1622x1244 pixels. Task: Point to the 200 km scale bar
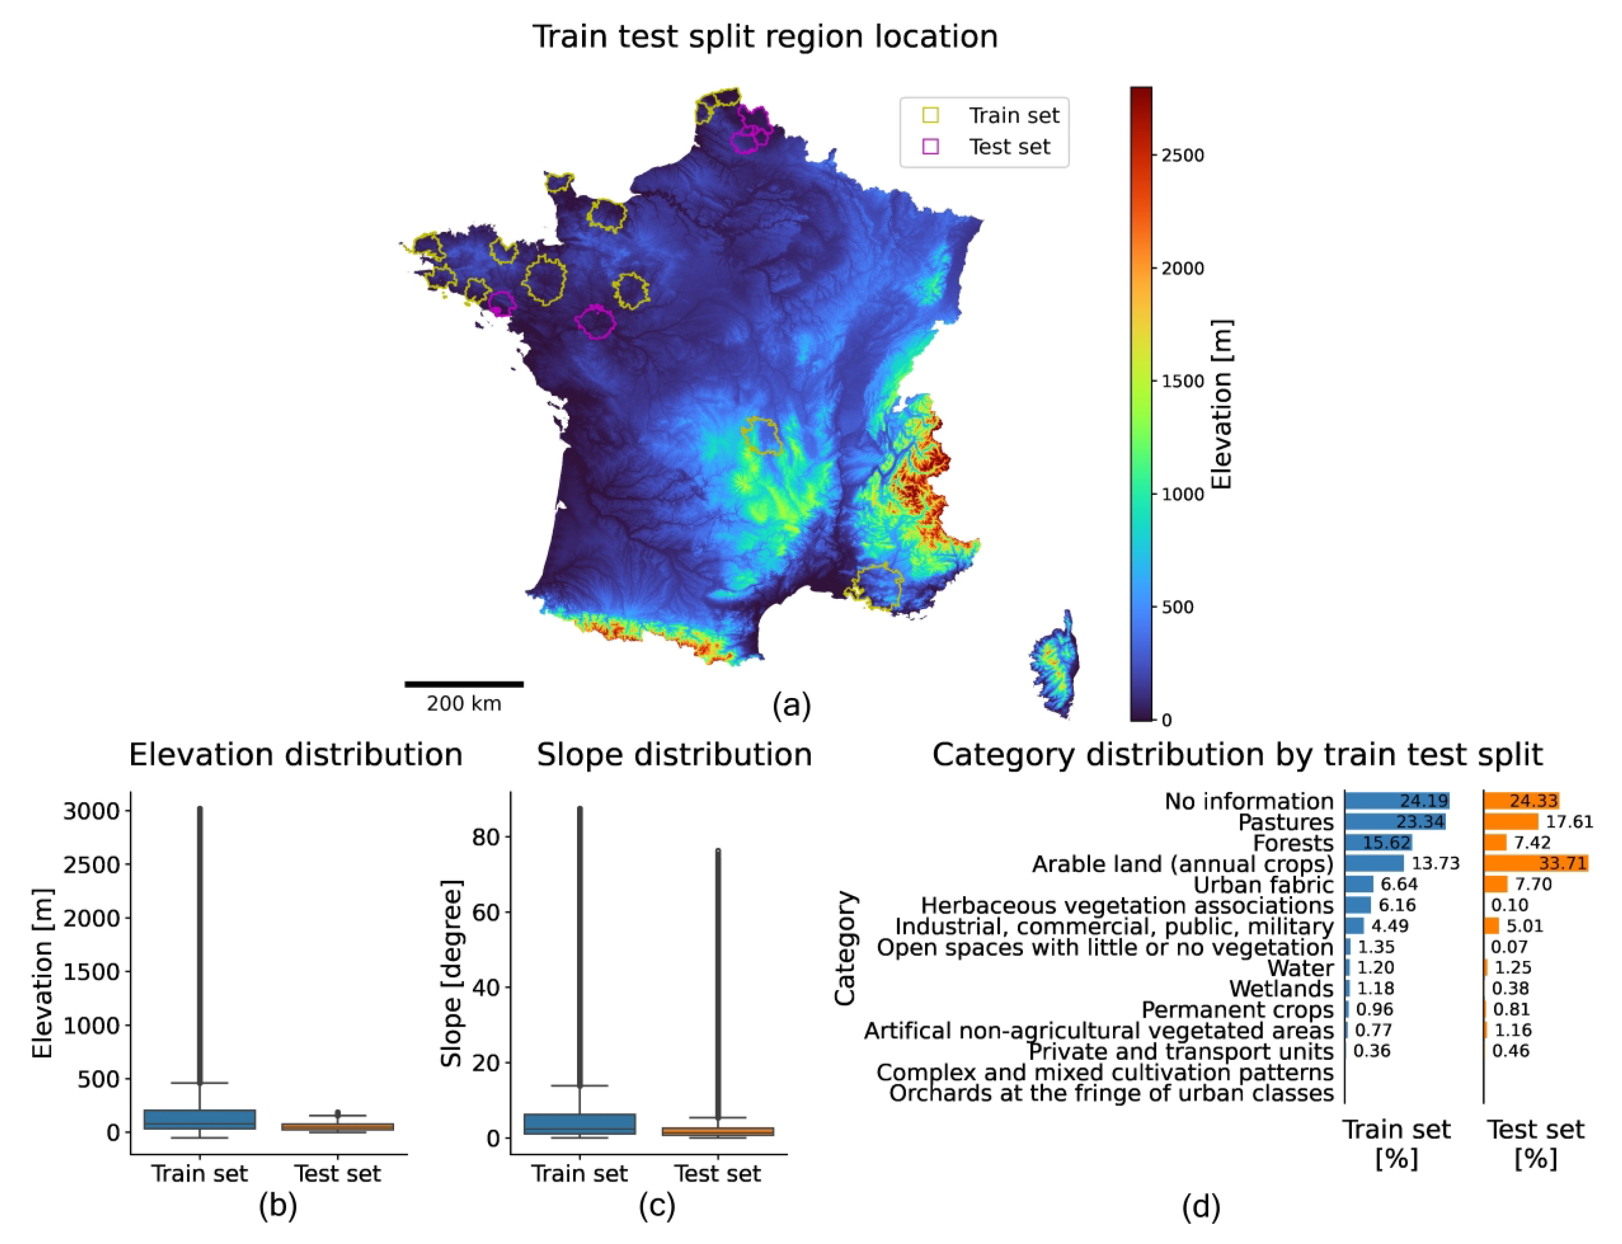pos(464,683)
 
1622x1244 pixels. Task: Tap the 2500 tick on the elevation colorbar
pos(1181,155)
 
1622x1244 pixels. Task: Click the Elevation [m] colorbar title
pos(1221,404)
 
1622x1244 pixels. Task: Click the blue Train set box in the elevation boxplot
pos(199,1119)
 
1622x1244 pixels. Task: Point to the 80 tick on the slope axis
pos(486,836)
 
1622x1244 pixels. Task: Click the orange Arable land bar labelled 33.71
pos(1535,863)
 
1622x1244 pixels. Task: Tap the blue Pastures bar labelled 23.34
pos(1394,822)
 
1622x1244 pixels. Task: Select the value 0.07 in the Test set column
pos(1509,947)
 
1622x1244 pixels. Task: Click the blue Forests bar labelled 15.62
pos(1378,843)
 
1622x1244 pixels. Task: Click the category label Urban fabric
pos(1263,885)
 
